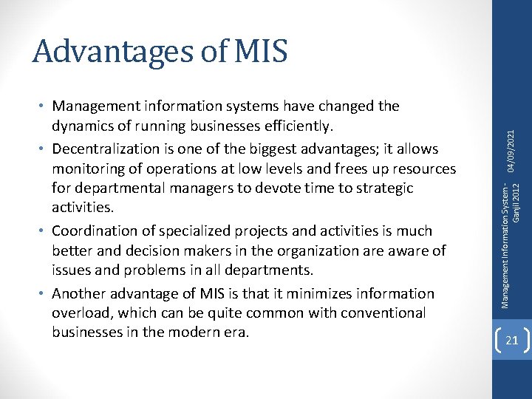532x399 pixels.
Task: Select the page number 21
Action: pyautogui.click(x=512, y=341)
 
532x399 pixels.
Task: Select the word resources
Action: pyautogui.click(x=420, y=168)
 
